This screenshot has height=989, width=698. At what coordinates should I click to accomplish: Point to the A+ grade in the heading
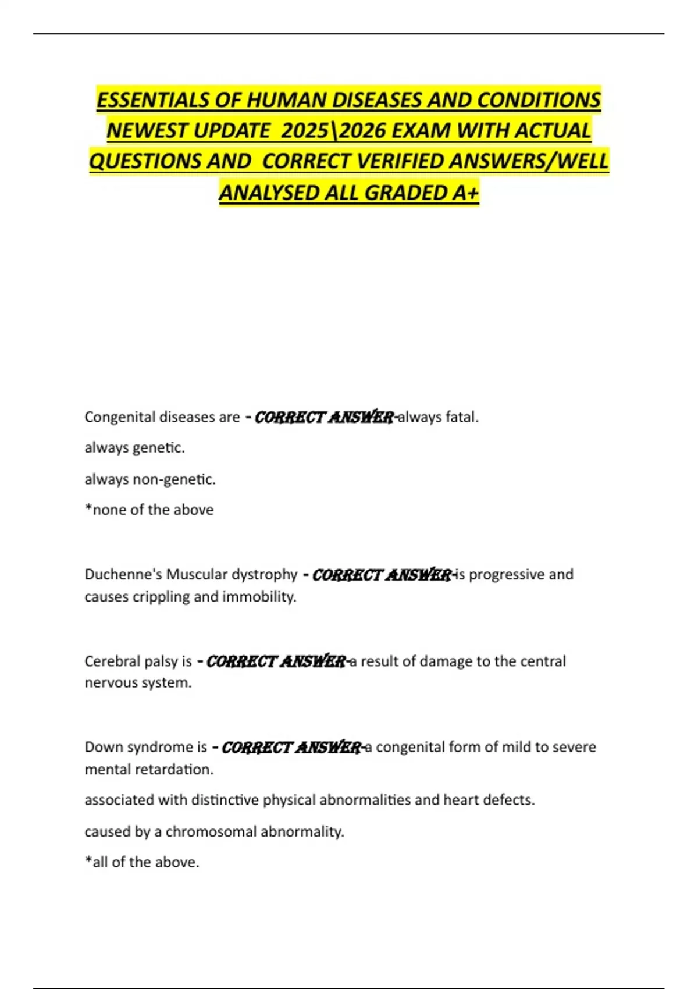[x=465, y=193]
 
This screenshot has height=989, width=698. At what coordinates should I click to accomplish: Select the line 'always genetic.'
[x=134, y=448]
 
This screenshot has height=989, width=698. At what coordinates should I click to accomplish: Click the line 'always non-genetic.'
[x=150, y=479]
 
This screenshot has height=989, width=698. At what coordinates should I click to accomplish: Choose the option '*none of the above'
[x=149, y=510]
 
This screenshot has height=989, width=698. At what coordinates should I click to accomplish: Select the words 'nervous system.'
[x=138, y=682]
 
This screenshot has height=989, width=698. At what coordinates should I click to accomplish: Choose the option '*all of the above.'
[x=142, y=862]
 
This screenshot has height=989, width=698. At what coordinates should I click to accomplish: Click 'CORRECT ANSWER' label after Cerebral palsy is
[x=276, y=661]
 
